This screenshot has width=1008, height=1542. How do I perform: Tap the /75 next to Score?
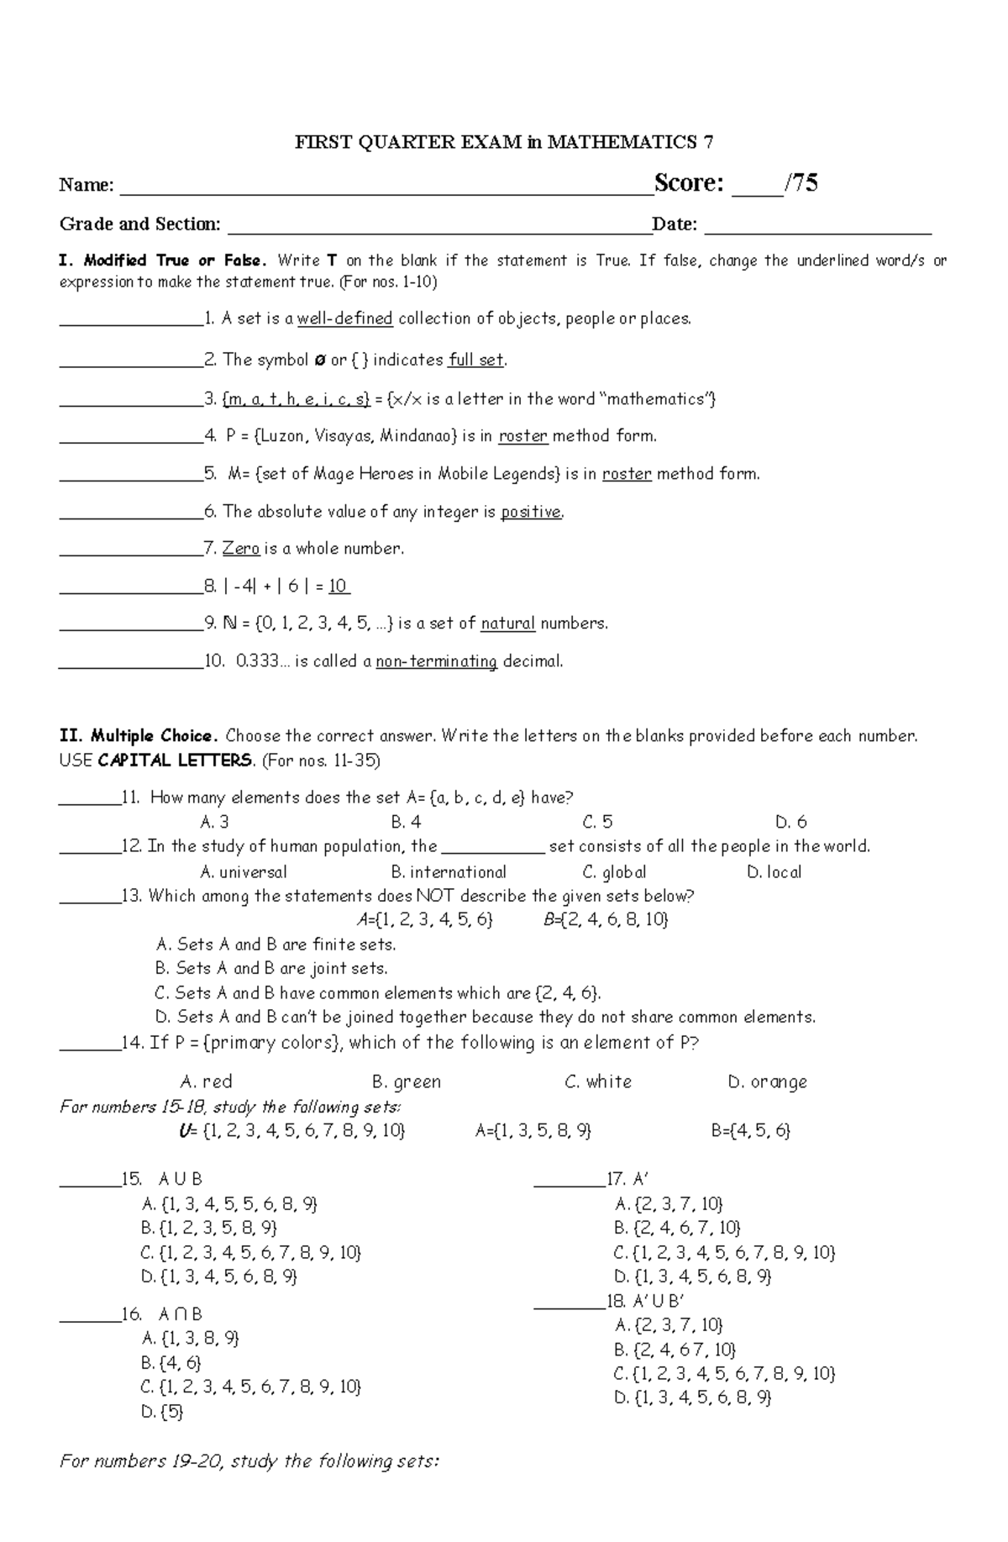[801, 183]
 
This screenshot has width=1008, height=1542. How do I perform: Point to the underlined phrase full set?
[476, 361]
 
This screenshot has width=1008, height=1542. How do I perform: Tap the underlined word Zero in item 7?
[241, 549]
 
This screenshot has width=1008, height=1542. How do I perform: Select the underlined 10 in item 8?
[338, 587]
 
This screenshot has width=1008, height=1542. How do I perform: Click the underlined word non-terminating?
[437, 662]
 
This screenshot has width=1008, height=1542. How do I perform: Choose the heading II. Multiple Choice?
[139, 736]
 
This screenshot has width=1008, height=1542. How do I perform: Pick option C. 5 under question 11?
[597, 822]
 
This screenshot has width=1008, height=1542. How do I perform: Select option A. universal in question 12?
[244, 872]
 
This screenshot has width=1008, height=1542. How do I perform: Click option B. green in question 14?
[407, 1082]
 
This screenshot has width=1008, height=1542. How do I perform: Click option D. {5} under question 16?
[162, 1412]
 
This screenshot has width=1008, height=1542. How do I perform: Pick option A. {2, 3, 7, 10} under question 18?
[669, 1325]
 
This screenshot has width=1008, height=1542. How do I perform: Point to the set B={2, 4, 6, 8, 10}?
[606, 920]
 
